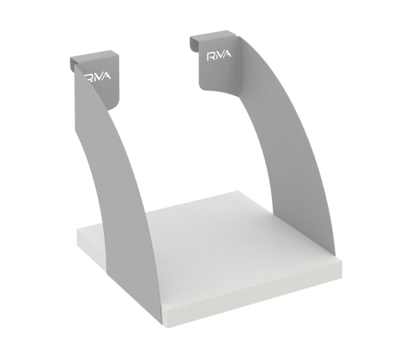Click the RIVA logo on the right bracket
pos(219,56)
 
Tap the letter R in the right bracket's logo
pos(211,57)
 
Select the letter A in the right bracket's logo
pos(227,54)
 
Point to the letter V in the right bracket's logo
pos(222,56)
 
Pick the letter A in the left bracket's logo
pos(106,76)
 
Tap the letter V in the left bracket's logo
pos(99,77)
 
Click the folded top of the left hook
pos(94,56)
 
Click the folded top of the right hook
pos(213,34)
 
